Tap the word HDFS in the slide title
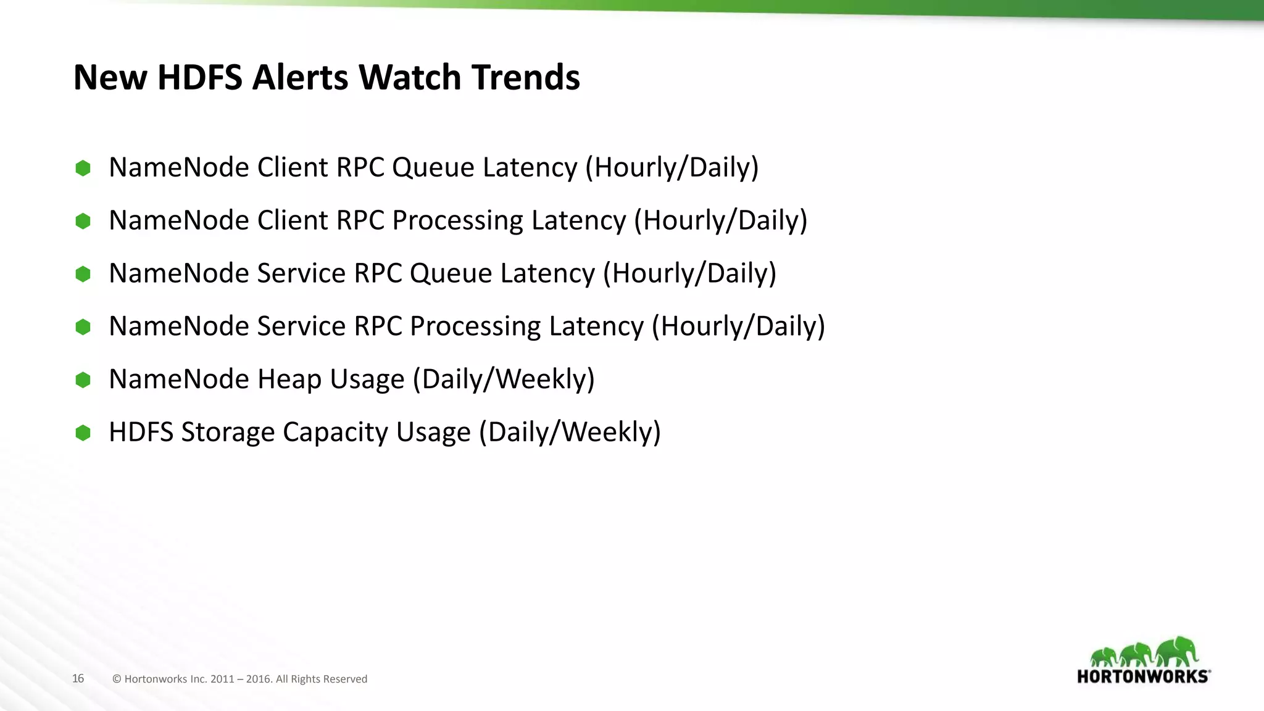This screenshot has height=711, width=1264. point(200,78)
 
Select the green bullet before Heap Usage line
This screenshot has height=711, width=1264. point(83,380)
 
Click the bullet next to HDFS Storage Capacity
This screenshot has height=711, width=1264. point(83,433)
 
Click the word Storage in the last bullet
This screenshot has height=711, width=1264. point(227,432)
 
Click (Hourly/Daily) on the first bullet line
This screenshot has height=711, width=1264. point(671,168)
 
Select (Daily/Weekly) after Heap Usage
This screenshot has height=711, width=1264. point(504,380)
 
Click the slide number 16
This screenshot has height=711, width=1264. point(78,678)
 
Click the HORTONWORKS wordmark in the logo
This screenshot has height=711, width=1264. point(1143,676)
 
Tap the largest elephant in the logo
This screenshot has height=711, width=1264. point(1176,651)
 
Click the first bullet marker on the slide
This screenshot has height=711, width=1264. point(83,168)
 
